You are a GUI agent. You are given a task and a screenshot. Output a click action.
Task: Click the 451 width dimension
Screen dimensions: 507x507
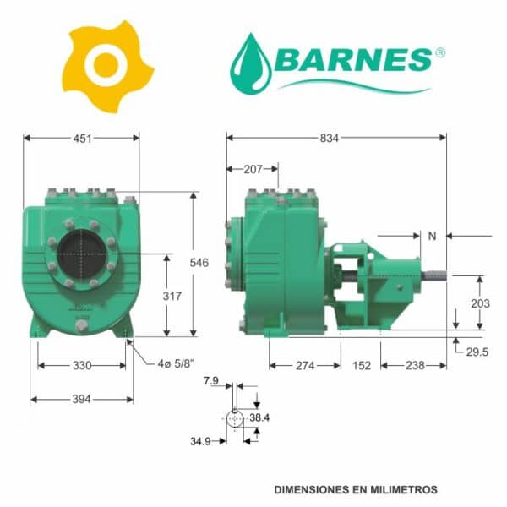(83, 139)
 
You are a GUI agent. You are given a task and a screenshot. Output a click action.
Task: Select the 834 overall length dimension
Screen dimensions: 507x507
(330, 138)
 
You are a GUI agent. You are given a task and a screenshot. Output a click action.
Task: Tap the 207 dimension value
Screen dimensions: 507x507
(253, 169)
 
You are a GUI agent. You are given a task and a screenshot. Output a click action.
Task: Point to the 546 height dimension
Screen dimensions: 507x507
(199, 263)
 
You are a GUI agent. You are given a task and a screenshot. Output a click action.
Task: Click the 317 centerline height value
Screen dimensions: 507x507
(172, 296)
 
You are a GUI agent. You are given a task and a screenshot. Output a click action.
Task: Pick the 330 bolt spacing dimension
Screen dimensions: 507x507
(82, 365)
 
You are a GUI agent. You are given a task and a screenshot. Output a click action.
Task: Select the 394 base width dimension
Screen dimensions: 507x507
(81, 399)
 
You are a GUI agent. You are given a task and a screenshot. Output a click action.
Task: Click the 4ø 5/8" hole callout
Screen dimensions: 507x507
(176, 363)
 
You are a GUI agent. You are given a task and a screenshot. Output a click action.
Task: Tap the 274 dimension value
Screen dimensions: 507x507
(305, 366)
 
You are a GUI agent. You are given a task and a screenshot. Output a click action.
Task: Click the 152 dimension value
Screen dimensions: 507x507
(362, 366)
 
